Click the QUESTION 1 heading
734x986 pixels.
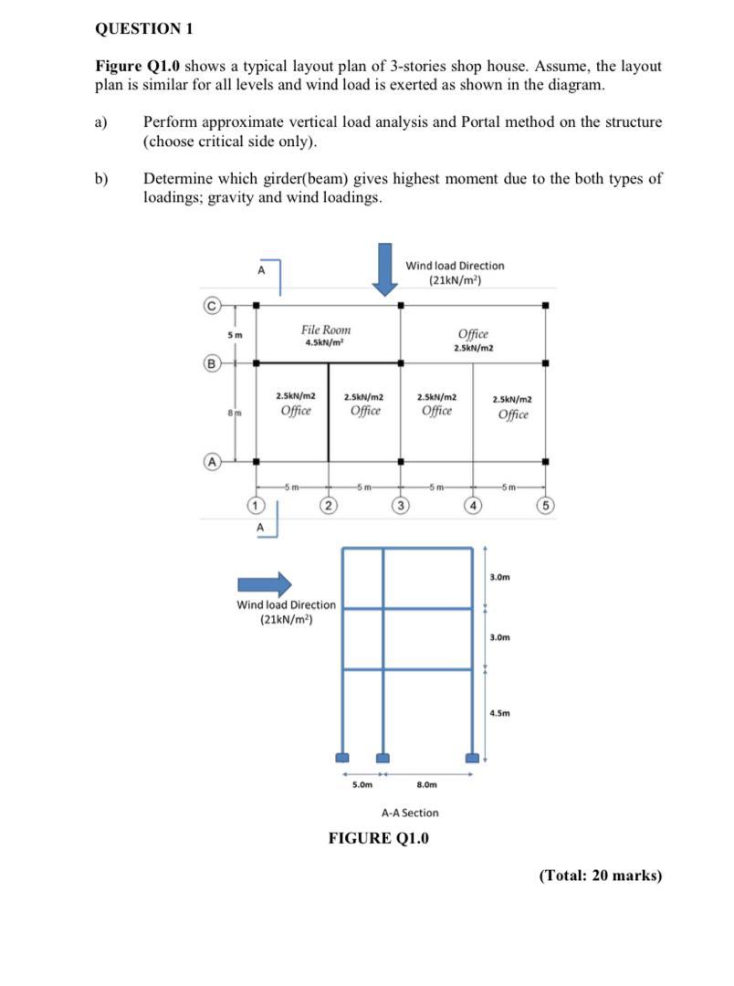click(x=143, y=28)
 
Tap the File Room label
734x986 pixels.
click(x=326, y=330)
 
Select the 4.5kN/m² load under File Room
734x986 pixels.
click(x=326, y=343)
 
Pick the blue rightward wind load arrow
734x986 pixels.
click(x=265, y=584)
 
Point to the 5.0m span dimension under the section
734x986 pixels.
click(x=362, y=784)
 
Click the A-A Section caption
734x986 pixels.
click(x=410, y=813)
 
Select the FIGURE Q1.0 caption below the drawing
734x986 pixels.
click(x=378, y=838)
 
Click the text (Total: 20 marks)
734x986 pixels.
click(x=600, y=876)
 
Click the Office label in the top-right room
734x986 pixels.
click(x=473, y=335)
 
